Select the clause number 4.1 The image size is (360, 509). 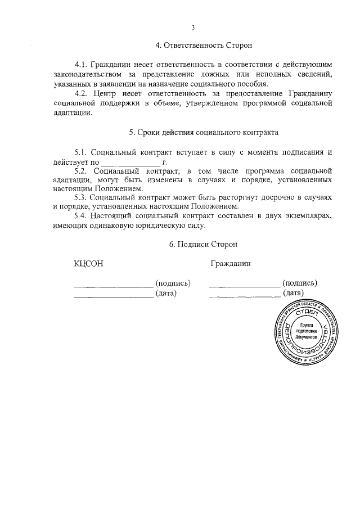[x=82, y=66]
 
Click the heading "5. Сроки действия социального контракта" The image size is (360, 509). [x=203, y=133]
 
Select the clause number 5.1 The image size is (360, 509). [x=82, y=152]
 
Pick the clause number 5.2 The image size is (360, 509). [x=82, y=170]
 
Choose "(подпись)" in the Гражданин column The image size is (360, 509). [x=299, y=283]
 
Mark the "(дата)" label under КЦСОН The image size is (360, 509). [x=166, y=292]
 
